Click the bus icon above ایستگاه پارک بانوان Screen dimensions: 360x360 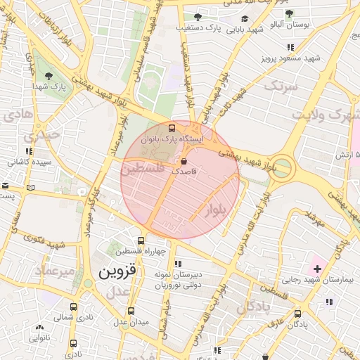point(173,128)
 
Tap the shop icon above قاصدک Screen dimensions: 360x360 point(184,161)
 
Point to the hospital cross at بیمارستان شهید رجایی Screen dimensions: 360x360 point(317,269)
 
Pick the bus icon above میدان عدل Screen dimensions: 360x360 point(131,311)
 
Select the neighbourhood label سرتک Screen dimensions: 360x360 point(281,86)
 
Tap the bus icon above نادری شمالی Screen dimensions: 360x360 point(74,307)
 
